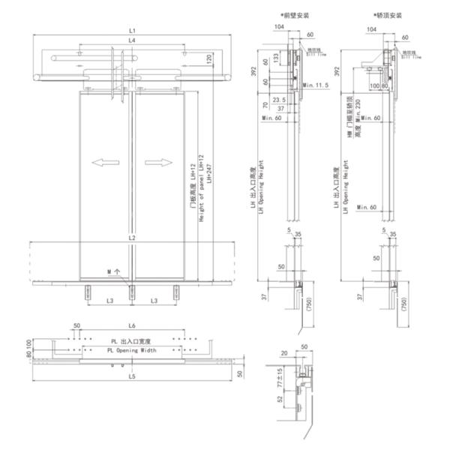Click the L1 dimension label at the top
tap(132, 29)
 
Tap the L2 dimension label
tap(132, 238)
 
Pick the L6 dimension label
tap(132, 326)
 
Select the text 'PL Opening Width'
tap(132, 350)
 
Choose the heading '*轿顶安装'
tap(387, 14)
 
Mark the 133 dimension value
tap(277, 58)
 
